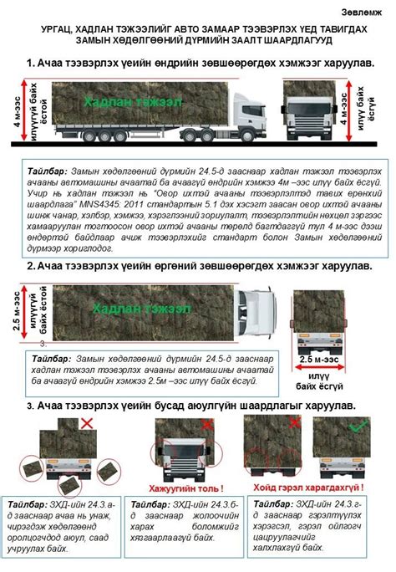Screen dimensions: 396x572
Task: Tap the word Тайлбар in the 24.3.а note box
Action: pyautogui.click(x=25, y=506)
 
